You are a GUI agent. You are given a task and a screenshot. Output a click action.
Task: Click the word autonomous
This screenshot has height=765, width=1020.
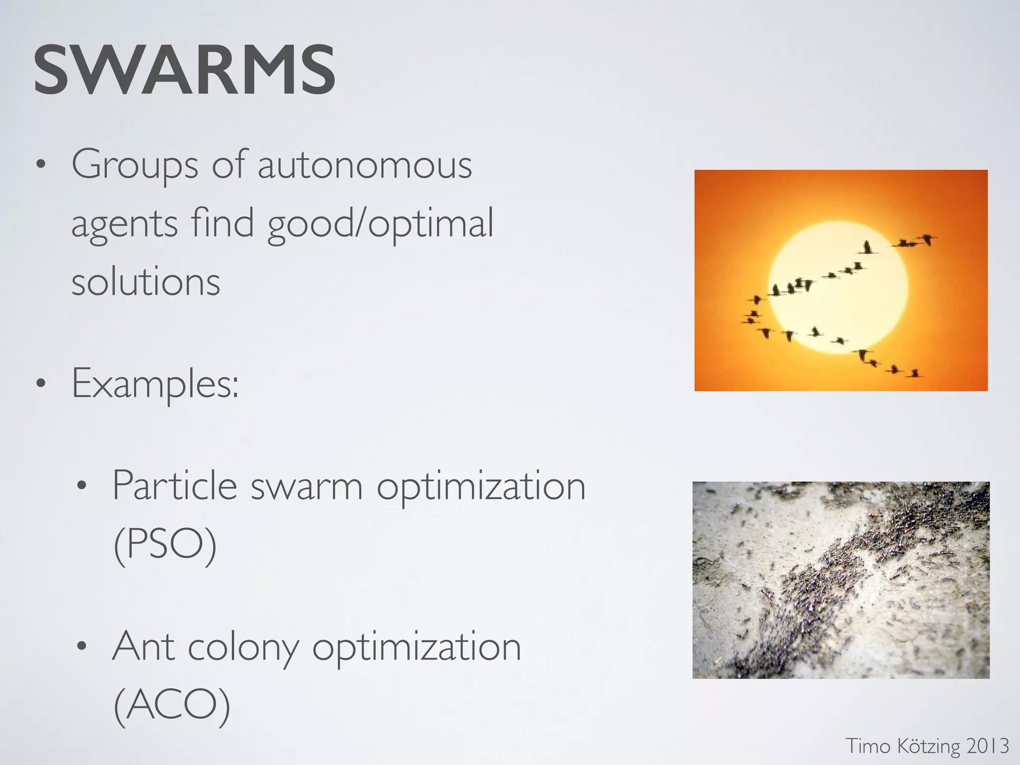(x=365, y=165)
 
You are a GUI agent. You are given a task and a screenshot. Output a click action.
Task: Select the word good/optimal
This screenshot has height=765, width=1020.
(x=381, y=224)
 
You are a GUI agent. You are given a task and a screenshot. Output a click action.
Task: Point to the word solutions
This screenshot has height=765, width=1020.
(x=145, y=282)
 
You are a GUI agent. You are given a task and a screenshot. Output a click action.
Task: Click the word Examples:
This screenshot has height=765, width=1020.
(x=155, y=384)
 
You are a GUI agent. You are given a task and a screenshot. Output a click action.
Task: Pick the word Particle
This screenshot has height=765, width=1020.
(x=174, y=486)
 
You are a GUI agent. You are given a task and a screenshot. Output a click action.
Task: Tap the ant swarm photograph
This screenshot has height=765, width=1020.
(x=841, y=580)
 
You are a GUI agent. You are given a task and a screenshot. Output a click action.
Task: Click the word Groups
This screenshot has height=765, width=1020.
(x=134, y=166)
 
